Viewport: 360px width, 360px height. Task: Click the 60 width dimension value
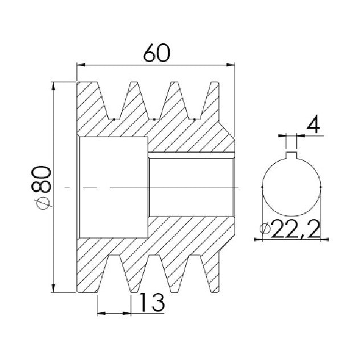coord(157,53)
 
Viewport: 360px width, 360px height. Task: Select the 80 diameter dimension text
coord(42,179)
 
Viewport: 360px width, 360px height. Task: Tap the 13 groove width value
coord(152,302)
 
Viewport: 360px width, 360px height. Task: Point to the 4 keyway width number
coord(314,125)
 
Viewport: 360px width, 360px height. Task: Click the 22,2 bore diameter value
coord(296,228)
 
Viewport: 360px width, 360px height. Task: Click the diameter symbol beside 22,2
coord(265,228)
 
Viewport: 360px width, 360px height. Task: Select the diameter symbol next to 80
coord(43,203)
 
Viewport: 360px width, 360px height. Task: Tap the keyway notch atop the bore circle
coord(292,155)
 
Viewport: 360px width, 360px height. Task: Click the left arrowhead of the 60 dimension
coord(81,65)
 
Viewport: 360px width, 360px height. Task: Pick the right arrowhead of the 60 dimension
coord(231,65)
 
